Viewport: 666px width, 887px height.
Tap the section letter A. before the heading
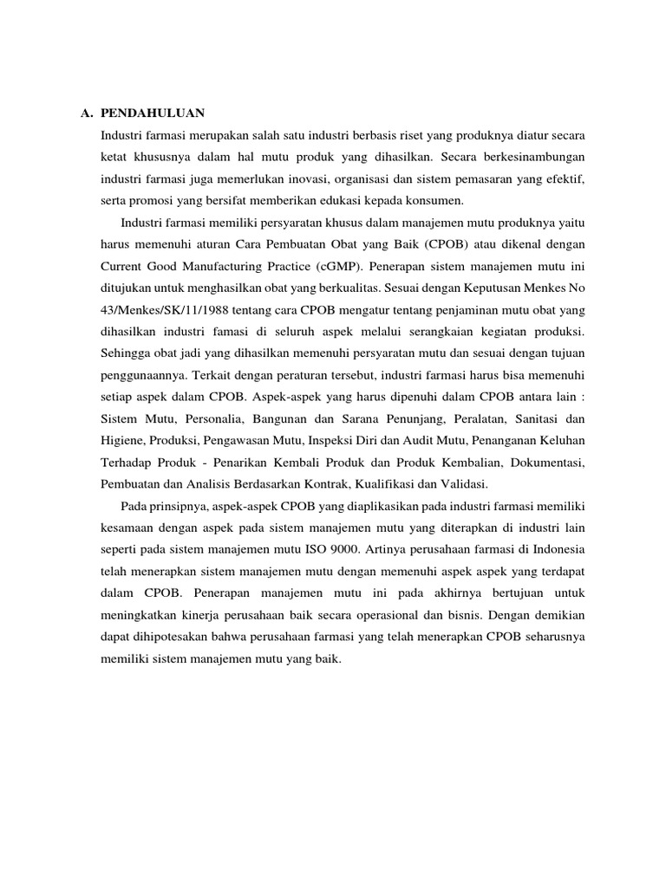[x=86, y=113]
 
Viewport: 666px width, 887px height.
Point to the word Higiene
[x=126, y=439]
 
